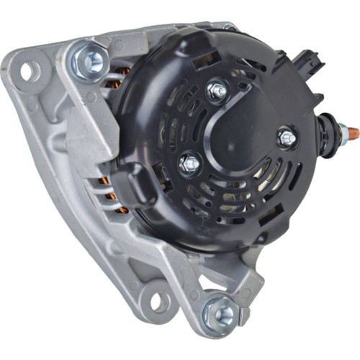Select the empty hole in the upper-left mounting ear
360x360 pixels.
(30, 71)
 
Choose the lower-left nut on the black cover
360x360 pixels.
(189, 164)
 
